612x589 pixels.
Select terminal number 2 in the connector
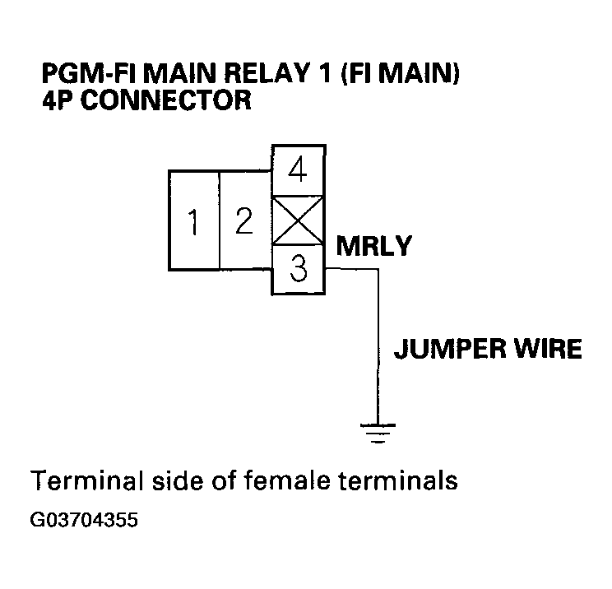click(243, 220)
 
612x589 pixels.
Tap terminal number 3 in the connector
click(299, 271)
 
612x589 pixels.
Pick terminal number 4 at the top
click(299, 171)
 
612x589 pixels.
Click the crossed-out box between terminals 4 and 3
click(299, 220)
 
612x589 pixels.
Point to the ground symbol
click(378, 429)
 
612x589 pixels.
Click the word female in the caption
click(287, 480)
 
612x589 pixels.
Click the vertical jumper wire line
click(378, 346)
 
